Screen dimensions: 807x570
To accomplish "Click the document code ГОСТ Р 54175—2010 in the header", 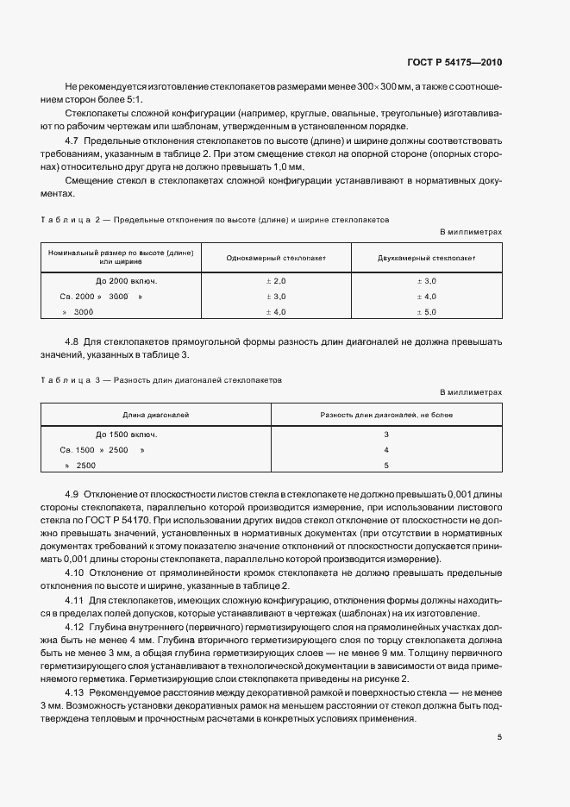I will click(x=455, y=62).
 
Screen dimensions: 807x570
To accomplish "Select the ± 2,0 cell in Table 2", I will click(x=274, y=281).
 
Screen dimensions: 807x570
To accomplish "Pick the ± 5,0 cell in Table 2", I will click(x=426, y=311).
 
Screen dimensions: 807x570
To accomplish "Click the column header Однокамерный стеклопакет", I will click(x=274, y=258).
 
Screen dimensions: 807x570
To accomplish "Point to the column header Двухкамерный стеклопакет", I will click(x=426, y=258).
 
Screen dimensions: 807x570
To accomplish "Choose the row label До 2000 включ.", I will click(x=126, y=281).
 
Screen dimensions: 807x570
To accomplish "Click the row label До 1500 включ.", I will click(x=126, y=434).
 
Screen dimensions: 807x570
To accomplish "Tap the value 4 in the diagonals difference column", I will click(x=386, y=450).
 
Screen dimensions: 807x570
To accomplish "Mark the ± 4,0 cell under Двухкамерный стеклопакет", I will click(x=426, y=297).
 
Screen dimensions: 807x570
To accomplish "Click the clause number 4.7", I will click(x=72, y=141).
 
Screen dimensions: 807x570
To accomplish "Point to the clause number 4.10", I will click(x=75, y=572).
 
